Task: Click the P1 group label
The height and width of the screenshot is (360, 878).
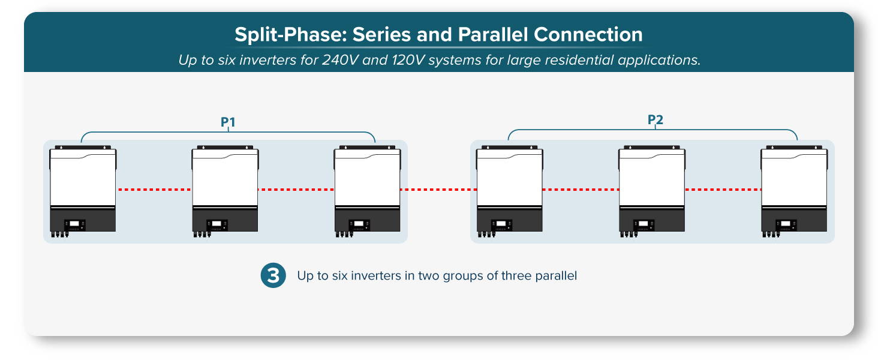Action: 228,122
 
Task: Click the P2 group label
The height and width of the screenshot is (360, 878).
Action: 655,119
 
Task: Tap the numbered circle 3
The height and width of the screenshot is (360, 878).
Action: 273,275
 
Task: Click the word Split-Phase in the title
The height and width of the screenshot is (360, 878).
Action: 291,35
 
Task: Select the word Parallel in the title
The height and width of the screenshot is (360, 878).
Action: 492,34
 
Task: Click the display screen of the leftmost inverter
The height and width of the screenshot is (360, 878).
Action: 74,224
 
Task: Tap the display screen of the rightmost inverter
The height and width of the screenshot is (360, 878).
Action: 786,224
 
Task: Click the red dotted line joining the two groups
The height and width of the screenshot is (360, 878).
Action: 438,190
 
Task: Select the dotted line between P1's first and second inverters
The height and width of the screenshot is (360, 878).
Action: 154,190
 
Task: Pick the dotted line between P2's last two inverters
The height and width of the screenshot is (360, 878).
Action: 723,190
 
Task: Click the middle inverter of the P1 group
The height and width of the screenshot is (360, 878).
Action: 225,191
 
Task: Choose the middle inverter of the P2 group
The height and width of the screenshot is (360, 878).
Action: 652,191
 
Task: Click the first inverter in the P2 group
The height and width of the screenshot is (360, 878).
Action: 510,191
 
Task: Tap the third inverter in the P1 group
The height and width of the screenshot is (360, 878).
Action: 367,191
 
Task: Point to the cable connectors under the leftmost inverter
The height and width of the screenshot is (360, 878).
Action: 59,235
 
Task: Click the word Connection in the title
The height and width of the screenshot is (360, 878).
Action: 588,34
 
